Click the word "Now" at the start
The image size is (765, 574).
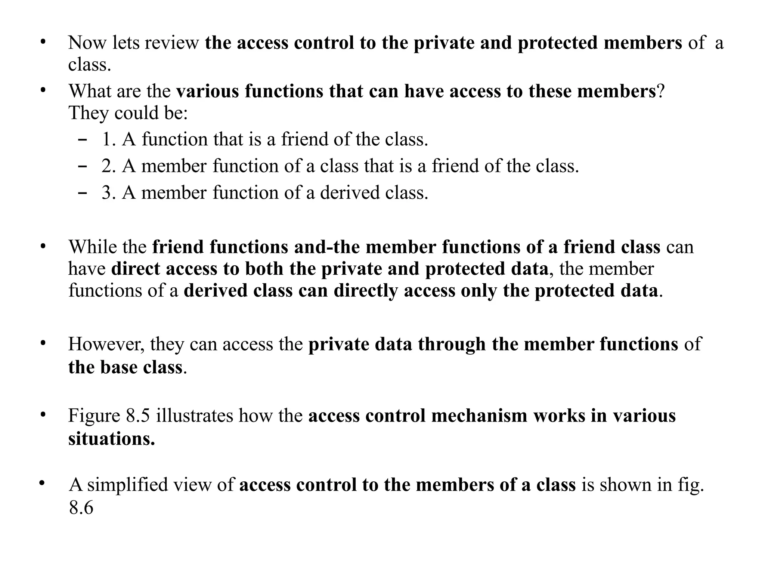(87, 43)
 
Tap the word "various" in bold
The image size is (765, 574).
(208, 91)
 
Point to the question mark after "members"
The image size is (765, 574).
(660, 91)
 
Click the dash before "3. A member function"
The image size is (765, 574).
(83, 193)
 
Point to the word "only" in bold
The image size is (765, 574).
(479, 291)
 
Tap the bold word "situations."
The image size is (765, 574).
(111, 439)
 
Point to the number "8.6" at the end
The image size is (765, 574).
(81, 508)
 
